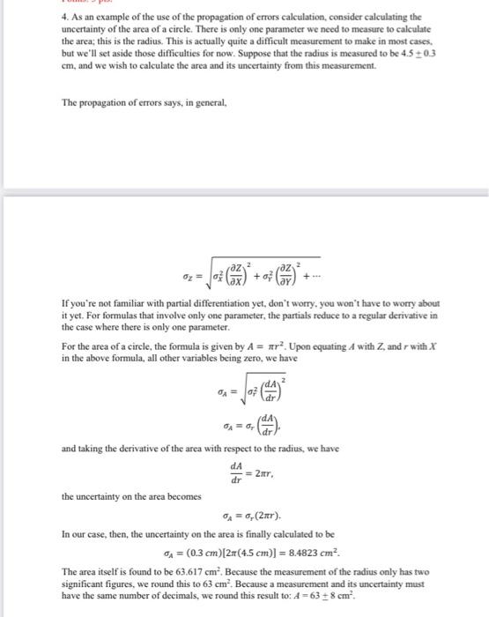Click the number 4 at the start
click(64, 17)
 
